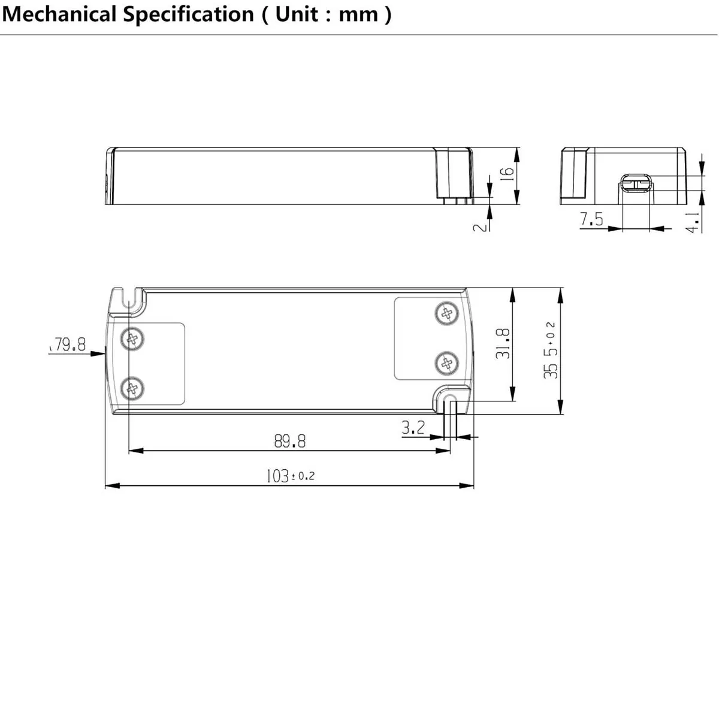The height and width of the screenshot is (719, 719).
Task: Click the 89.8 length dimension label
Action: tap(290, 442)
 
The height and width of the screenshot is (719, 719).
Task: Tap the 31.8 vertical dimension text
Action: tap(503, 343)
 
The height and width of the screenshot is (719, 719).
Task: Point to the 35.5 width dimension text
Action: tap(551, 351)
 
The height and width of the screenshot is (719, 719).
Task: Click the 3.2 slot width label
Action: tap(413, 428)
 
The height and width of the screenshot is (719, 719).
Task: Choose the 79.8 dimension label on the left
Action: tap(69, 345)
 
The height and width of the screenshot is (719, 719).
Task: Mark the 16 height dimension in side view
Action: tap(507, 173)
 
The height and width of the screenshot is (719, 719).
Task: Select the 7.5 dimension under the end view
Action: tap(591, 220)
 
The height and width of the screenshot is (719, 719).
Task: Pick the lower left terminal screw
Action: tap(132, 389)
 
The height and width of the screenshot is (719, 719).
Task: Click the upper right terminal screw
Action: tap(446, 313)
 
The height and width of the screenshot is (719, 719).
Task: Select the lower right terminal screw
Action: tap(446, 362)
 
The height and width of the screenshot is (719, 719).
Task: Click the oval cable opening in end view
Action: tap(635, 182)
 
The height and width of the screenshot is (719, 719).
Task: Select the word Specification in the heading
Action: tap(189, 14)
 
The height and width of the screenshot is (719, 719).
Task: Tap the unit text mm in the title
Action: tap(358, 14)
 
